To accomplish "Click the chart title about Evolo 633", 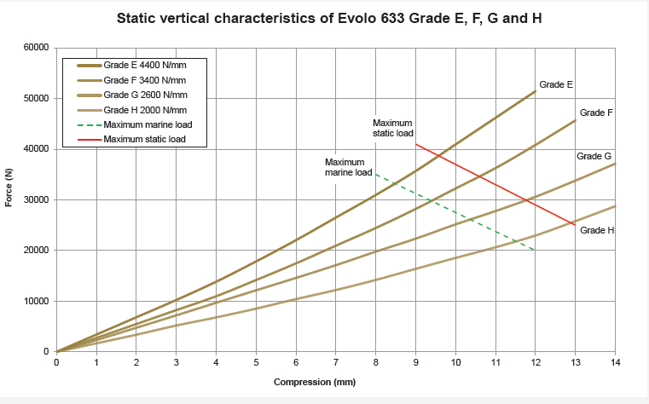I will click(x=327, y=18).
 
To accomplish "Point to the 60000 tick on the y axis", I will click(x=35, y=48).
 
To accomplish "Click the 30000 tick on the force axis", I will click(x=35, y=199).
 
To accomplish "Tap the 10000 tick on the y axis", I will click(x=35, y=301).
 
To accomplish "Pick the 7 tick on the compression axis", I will click(x=336, y=363).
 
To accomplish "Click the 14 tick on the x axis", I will click(x=615, y=363).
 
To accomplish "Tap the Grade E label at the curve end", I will click(x=556, y=84).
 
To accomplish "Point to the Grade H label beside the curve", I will click(x=597, y=230).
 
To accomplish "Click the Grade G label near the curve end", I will click(x=594, y=156).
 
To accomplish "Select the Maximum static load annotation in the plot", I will click(x=393, y=128).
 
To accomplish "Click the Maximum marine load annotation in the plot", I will click(x=348, y=167).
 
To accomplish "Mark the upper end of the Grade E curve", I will click(x=536, y=90).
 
